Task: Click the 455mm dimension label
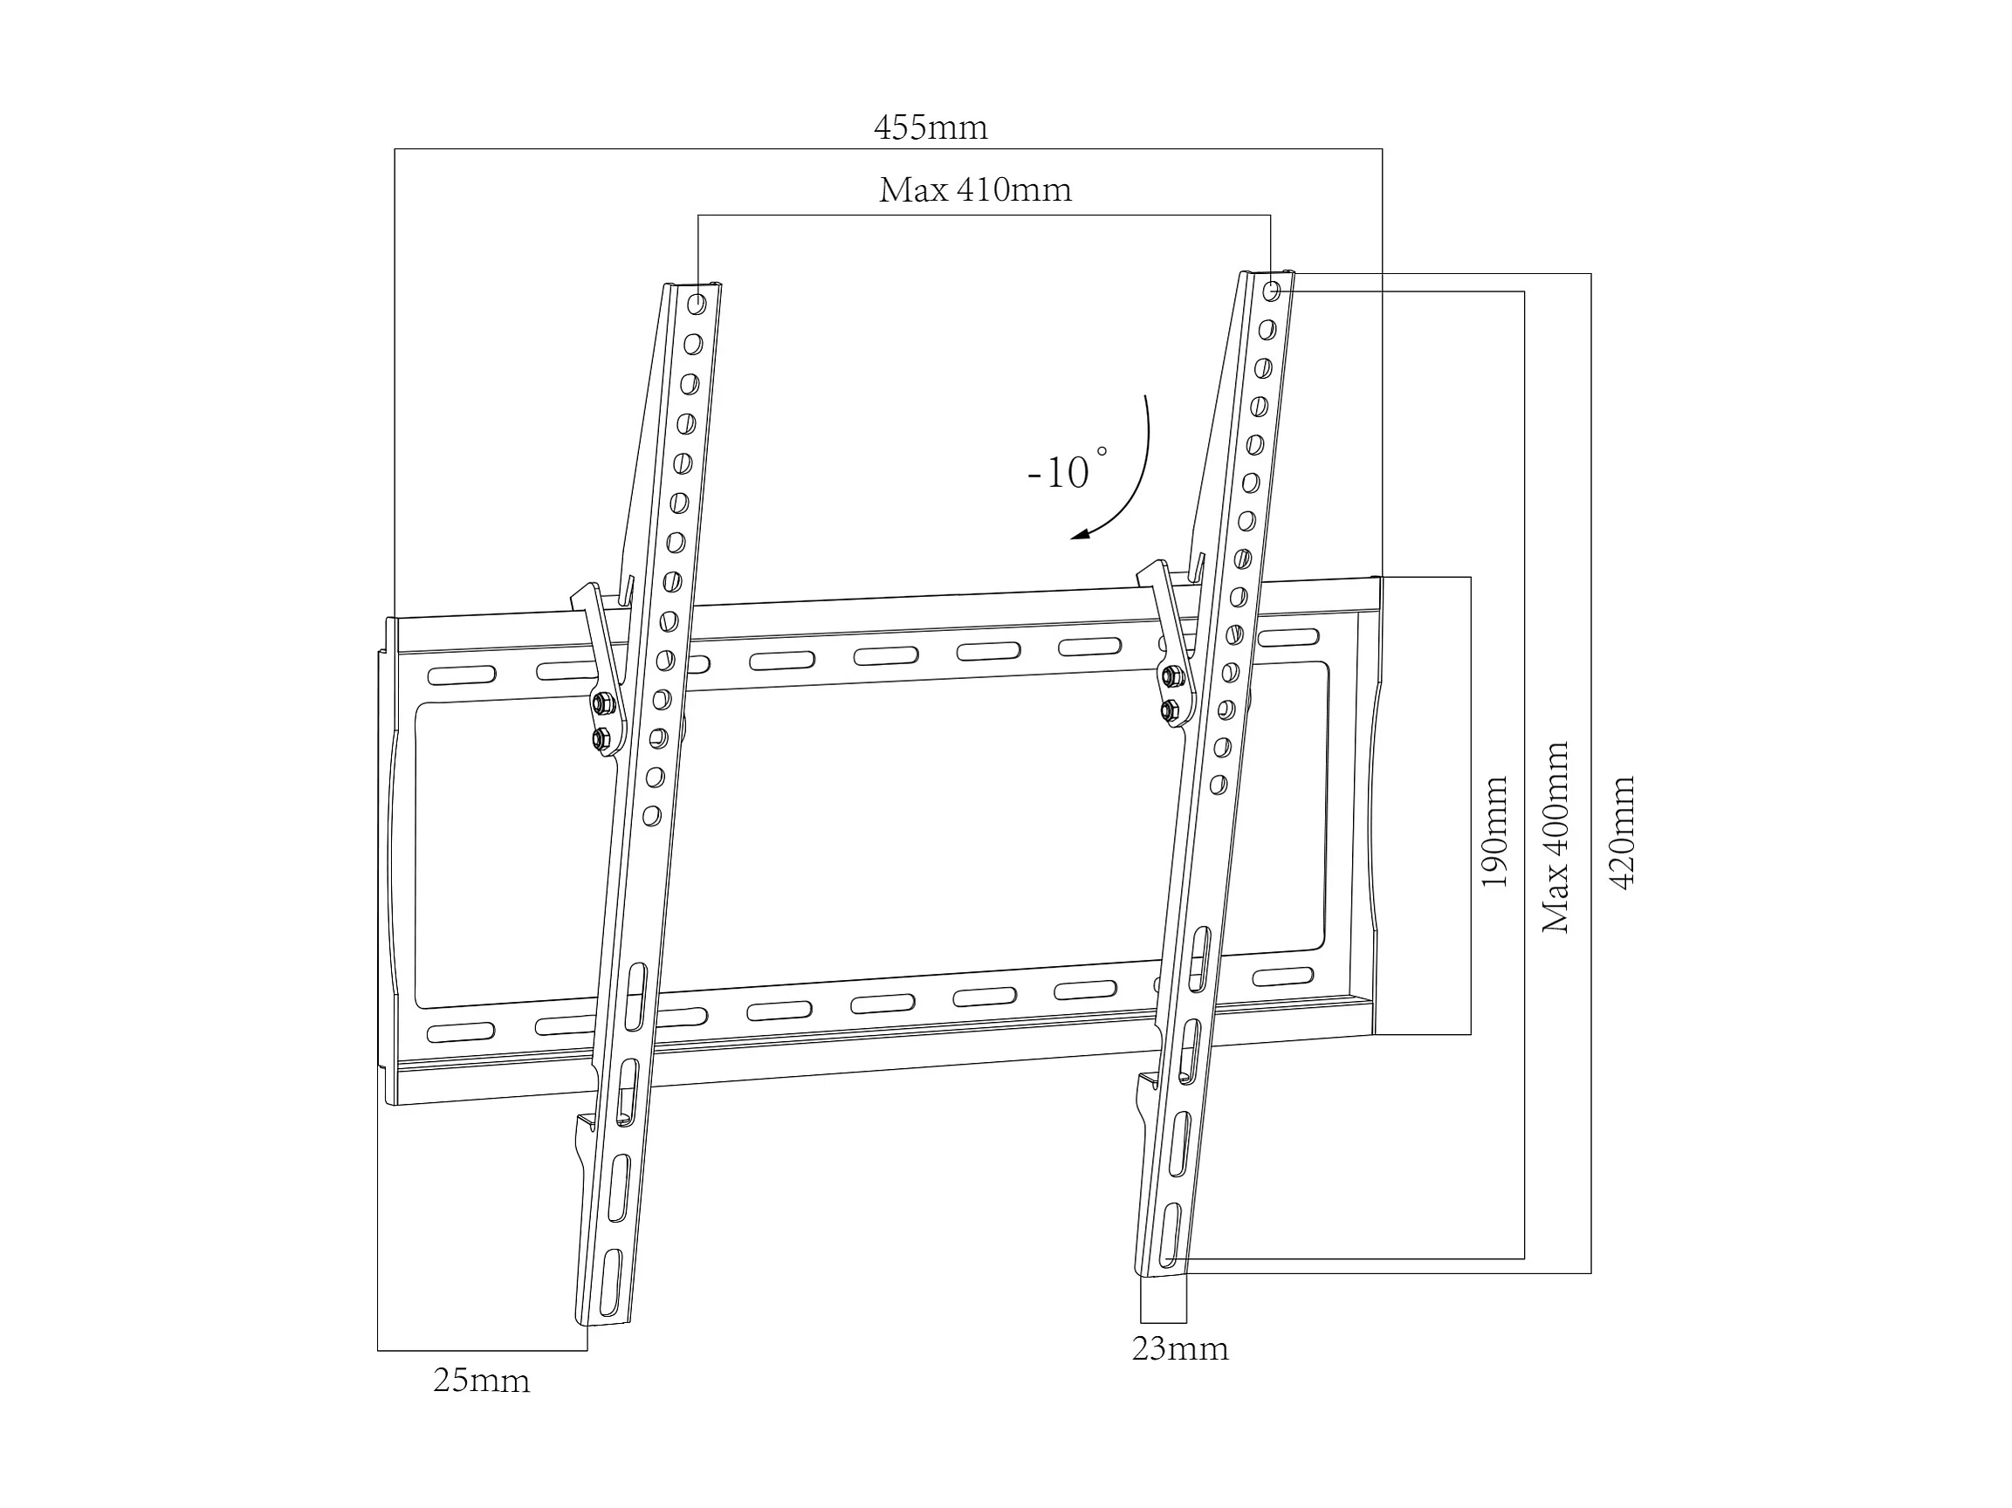click(x=930, y=128)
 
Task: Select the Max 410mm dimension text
click(x=975, y=190)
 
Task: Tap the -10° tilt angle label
click(x=1064, y=471)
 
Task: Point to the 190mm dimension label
click(x=1494, y=832)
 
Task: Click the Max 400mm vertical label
click(x=1556, y=837)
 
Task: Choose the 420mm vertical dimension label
click(x=1622, y=832)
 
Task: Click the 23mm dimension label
click(x=1180, y=1349)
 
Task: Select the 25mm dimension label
click(x=481, y=1381)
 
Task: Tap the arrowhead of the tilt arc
click(x=1079, y=536)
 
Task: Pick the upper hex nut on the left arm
click(x=601, y=704)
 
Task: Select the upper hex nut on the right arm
click(x=1172, y=675)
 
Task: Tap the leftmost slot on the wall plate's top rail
click(x=461, y=675)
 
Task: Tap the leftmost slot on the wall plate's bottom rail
click(x=460, y=1033)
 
